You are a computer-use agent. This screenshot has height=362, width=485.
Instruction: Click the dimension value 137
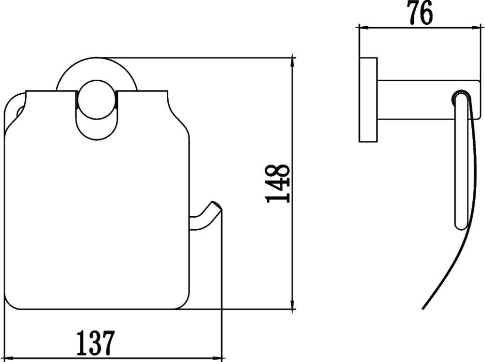pos(96,343)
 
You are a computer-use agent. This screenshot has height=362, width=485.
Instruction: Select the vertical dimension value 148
pos(278,183)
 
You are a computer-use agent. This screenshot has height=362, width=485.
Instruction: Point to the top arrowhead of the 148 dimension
pos(292,61)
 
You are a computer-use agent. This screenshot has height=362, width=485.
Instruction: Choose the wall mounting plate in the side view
pos(368,100)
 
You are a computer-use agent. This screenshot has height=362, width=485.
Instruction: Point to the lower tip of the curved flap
pos(424,308)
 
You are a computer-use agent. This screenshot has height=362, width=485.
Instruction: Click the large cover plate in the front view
pos(97,219)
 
